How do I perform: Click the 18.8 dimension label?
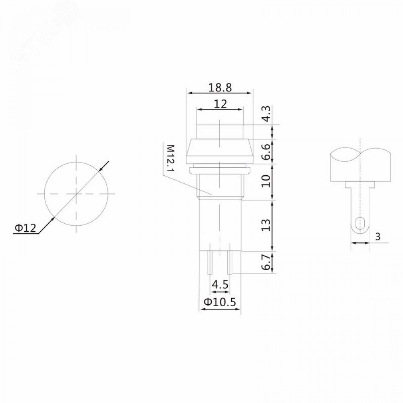click(x=220, y=87)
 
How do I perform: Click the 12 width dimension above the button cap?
click(x=220, y=104)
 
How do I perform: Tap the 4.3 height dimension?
click(x=266, y=114)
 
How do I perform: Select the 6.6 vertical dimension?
click(x=266, y=152)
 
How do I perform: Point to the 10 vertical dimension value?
click(x=266, y=181)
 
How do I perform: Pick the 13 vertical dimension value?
click(x=266, y=225)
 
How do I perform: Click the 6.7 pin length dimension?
click(x=266, y=262)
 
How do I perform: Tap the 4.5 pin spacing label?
click(x=220, y=285)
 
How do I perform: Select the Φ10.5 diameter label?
click(x=220, y=302)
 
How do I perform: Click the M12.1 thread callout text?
click(x=170, y=158)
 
